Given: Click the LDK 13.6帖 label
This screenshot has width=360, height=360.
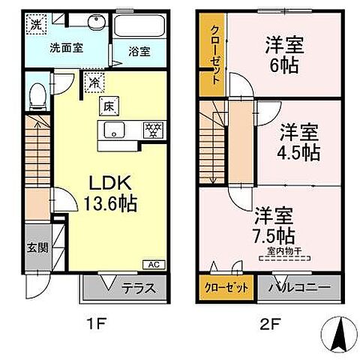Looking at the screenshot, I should click(x=113, y=192).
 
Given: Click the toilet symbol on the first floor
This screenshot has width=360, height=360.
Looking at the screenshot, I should click(x=37, y=96).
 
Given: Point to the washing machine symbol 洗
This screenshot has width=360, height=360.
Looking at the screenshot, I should click(x=35, y=23).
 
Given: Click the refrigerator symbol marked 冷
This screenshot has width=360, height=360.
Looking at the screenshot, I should click(x=96, y=82).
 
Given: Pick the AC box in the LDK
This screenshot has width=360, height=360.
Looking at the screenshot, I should click(x=152, y=265).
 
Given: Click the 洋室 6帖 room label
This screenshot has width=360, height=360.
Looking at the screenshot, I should click(x=283, y=55).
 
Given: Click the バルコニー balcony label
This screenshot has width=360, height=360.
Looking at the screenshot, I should click(x=298, y=287).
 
